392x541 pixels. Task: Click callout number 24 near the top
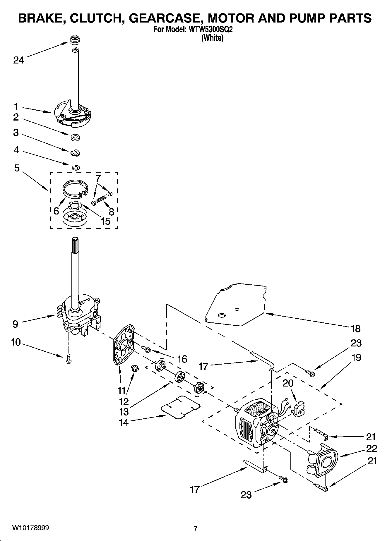coord(18,60)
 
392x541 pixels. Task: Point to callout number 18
coord(355,329)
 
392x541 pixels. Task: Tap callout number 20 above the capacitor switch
coord(288,383)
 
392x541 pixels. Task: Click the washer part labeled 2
coord(76,137)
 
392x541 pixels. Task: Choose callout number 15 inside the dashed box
coord(105,221)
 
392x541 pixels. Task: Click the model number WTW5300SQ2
coord(210,30)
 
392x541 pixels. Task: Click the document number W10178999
coord(30,528)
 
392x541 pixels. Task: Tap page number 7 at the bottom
coord(196,528)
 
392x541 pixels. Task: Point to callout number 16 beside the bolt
coord(182,359)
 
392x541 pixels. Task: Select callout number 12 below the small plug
coord(124,401)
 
